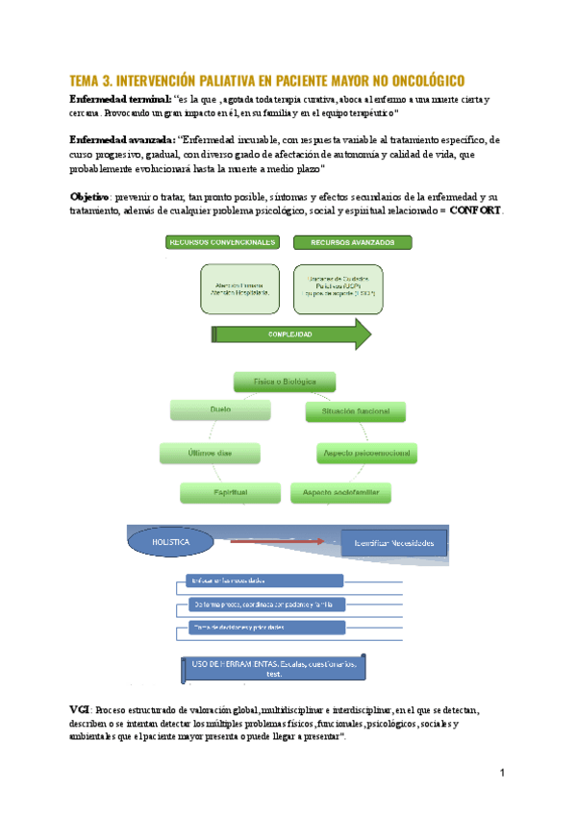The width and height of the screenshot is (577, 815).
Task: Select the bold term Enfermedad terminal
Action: [120, 100]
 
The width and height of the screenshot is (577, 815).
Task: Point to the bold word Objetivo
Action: [89, 196]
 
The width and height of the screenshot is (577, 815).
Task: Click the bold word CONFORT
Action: [475, 210]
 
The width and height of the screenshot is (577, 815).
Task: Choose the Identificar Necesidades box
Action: [394, 544]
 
